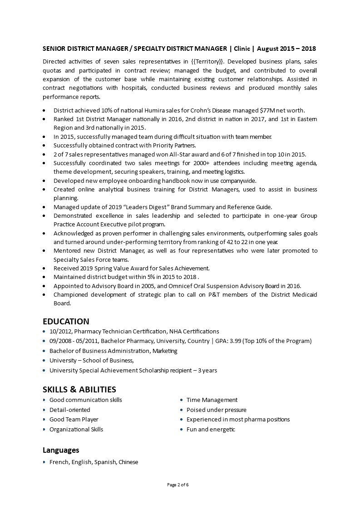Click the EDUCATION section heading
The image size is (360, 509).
point(66,322)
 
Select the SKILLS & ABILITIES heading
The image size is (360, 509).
point(79,389)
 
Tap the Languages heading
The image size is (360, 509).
point(61,450)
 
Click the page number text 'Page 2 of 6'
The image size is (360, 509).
point(178,485)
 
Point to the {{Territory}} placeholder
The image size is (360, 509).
point(206,61)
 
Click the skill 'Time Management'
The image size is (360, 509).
point(212,400)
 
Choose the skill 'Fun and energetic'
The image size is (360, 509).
point(211,429)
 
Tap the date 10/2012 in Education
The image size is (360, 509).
point(60,332)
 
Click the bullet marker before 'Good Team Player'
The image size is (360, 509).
point(44,420)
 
